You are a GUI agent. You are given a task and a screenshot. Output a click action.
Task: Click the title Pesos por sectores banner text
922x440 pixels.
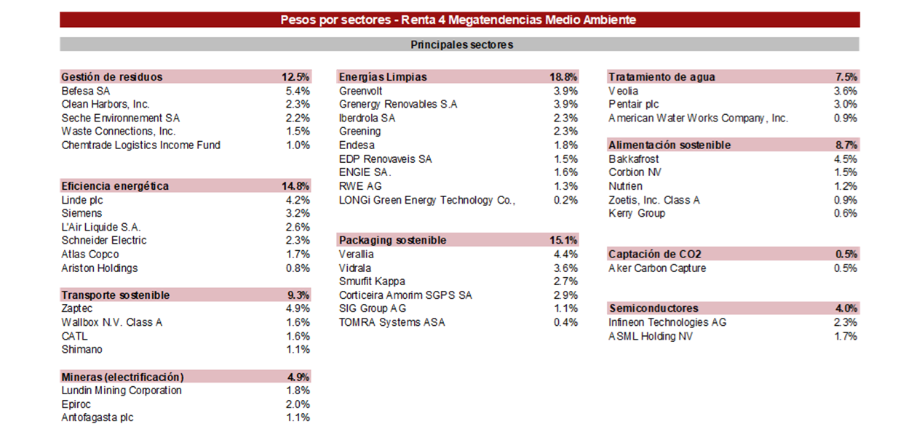click(458, 20)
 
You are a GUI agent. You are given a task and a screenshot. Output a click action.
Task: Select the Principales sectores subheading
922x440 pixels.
click(461, 44)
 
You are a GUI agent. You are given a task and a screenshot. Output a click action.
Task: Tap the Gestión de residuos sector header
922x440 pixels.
click(112, 77)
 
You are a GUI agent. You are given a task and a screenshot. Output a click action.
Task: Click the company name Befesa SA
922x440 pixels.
click(86, 91)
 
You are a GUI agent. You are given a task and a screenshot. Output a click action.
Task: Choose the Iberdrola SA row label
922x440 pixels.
click(367, 118)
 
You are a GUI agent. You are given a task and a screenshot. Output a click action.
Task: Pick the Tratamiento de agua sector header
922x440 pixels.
click(661, 77)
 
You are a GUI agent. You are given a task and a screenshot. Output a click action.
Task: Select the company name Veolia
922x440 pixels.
click(624, 91)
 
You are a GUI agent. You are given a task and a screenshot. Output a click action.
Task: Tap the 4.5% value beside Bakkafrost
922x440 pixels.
click(845, 159)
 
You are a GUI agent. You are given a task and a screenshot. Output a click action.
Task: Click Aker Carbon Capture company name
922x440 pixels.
click(657, 268)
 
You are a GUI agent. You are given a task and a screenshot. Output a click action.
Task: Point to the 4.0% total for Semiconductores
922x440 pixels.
click(846, 308)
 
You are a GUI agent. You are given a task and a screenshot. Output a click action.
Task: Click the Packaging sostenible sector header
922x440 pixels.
click(393, 241)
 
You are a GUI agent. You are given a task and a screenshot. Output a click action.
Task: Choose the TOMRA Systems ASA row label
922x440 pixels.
click(392, 322)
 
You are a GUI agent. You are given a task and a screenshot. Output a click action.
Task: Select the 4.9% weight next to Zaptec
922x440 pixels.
click(298, 308)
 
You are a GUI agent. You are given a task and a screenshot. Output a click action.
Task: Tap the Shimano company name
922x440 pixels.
click(82, 349)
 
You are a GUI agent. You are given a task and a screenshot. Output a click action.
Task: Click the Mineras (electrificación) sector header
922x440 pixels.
click(122, 377)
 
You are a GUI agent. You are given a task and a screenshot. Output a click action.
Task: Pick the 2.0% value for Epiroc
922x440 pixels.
click(298, 404)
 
